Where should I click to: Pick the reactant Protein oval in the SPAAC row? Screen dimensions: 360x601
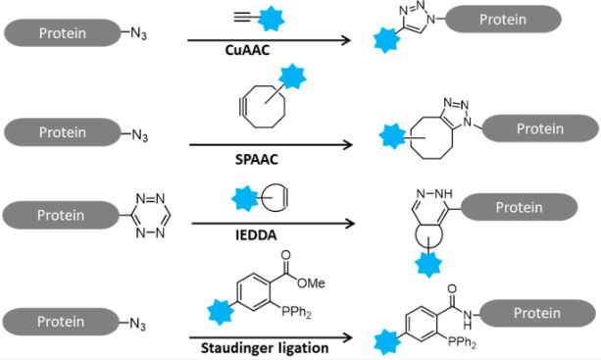click(x=60, y=131)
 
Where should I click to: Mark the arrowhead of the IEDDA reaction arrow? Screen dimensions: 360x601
click(x=349, y=225)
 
